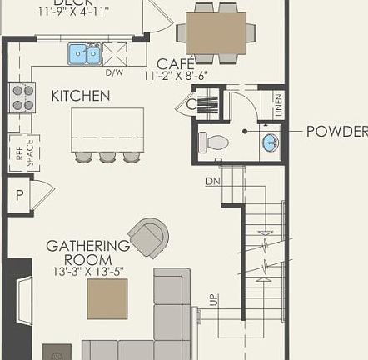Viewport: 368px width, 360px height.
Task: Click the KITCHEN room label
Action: click(80, 96)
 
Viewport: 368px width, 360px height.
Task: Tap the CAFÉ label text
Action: click(176, 63)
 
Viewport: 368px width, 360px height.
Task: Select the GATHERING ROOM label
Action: click(87, 253)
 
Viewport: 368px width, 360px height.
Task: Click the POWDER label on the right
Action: click(336, 132)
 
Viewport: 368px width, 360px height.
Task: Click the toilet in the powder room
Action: click(216, 142)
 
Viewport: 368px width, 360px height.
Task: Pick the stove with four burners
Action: click(22, 97)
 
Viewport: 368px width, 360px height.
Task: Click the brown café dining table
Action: click(216, 33)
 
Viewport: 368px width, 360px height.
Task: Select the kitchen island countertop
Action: click(107, 129)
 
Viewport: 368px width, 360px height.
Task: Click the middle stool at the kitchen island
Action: click(107, 157)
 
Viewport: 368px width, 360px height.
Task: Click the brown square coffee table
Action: click(107, 298)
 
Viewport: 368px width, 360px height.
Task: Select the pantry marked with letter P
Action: click(20, 196)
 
